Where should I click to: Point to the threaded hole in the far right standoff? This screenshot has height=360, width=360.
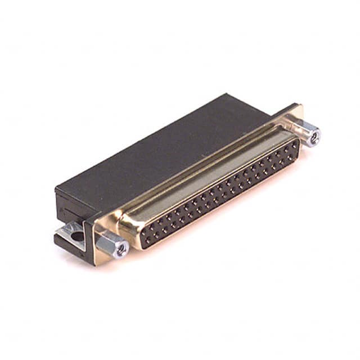pyautogui.click(x=314, y=135)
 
